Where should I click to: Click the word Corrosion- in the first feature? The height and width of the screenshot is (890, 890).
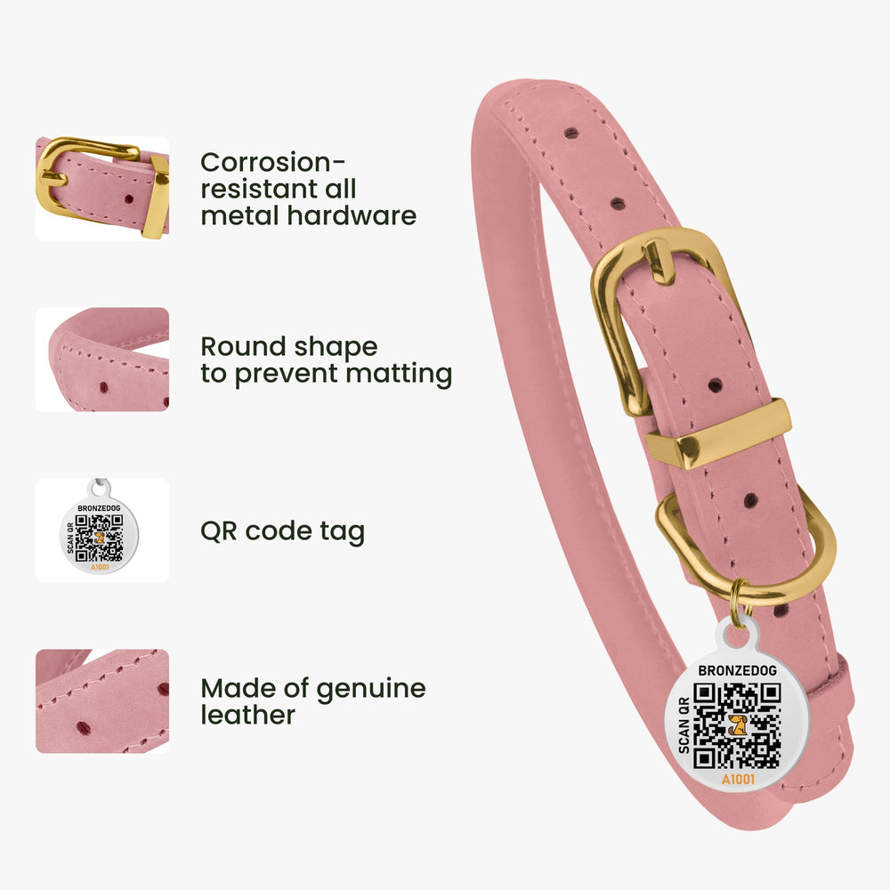[272, 162]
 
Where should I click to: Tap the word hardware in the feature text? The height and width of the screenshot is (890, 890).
[352, 215]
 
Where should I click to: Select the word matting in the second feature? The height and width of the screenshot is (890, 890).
[399, 374]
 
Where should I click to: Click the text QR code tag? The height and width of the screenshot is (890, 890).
[282, 531]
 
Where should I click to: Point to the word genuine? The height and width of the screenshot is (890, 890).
[370, 690]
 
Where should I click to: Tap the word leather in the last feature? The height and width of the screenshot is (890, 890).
[248, 715]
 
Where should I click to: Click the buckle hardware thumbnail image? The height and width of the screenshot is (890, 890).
[102, 189]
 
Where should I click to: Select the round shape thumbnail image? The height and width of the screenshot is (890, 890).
[102, 360]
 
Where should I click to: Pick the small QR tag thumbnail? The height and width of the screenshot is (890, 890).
[102, 530]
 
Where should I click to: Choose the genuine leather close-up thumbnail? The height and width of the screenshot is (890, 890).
[102, 701]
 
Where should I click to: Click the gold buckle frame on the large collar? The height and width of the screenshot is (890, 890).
[611, 329]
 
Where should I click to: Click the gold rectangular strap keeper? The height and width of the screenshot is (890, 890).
[718, 433]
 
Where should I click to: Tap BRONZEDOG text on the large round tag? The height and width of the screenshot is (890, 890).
[737, 670]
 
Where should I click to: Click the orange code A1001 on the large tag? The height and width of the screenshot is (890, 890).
[738, 780]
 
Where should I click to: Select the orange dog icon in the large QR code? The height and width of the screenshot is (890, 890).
[737, 724]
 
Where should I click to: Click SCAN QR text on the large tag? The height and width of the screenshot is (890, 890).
[684, 726]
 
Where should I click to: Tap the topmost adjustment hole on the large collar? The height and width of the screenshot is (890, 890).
[571, 133]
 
